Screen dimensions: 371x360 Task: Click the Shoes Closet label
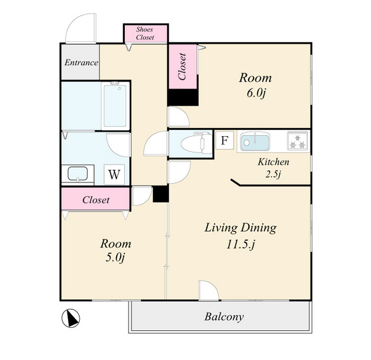(x=145, y=33)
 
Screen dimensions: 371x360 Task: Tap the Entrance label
(x=81, y=62)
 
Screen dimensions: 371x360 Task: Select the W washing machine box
(x=114, y=174)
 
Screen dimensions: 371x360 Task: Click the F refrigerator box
(x=224, y=140)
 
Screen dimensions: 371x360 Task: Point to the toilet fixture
(x=197, y=142)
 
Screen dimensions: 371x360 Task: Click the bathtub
(x=115, y=106)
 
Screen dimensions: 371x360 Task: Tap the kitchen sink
(x=255, y=142)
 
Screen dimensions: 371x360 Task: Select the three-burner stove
(x=298, y=141)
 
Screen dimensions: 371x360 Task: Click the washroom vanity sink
(x=78, y=174)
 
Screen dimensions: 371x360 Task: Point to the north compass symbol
(x=70, y=318)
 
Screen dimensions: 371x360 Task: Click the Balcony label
(x=224, y=317)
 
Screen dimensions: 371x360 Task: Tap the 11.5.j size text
(x=241, y=244)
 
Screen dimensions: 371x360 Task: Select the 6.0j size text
(x=256, y=93)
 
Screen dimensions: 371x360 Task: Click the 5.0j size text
(x=115, y=257)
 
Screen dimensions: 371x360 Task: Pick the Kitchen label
(x=273, y=162)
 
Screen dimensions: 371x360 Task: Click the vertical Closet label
(x=182, y=67)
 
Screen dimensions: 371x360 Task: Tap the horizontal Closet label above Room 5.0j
(x=96, y=200)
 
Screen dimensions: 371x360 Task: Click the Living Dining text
(x=241, y=228)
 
